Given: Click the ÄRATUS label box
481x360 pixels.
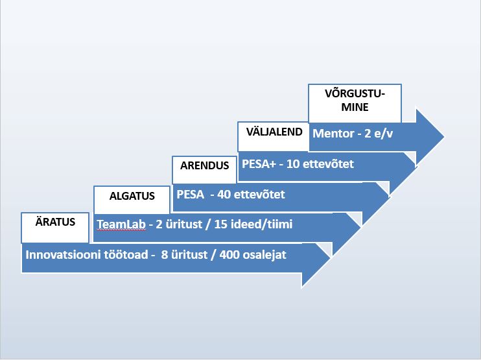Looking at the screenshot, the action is (x=55, y=228).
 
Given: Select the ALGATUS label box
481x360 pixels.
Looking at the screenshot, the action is (x=132, y=200).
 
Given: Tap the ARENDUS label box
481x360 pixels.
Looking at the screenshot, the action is (x=205, y=170).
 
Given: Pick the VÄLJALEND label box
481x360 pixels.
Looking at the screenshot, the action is (x=274, y=136).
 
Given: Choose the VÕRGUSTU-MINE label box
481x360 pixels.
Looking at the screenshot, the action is (x=355, y=103).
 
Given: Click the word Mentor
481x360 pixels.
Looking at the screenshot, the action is (x=333, y=134).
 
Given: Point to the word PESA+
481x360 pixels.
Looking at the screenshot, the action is (x=259, y=164).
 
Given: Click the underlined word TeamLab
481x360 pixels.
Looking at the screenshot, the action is (x=121, y=224).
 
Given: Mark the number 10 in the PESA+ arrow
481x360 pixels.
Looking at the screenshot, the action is (x=293, y=164).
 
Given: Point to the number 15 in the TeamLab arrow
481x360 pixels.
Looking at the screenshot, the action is (x=220, y=224).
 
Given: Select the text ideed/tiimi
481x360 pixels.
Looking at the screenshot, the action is (x=262, y=224).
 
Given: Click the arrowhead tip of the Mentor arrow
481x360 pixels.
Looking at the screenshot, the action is (x=444, y=137).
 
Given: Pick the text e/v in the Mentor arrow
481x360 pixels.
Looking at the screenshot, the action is (x=384, y=134).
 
